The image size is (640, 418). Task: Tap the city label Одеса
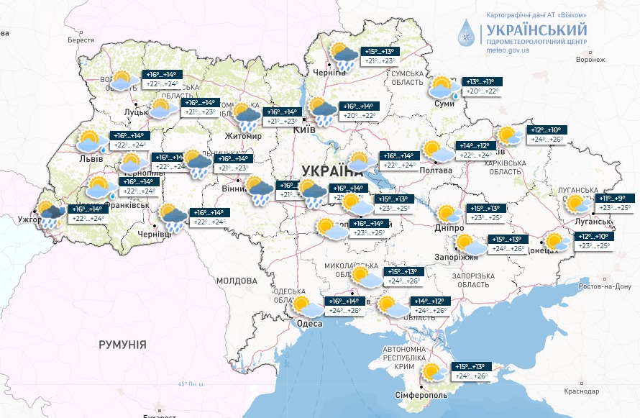tap(309, 324)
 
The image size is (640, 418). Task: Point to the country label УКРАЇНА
tap(332, 171)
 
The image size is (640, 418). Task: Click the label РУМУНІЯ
tap(122, 345)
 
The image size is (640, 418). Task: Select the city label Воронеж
tap(590, 60)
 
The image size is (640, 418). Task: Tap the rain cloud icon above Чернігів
tap(343, 55)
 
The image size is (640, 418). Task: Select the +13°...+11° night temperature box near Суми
tap(483, 82)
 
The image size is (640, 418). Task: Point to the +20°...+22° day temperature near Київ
tap(360, 116)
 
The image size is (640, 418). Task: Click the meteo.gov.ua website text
tap(508, 51)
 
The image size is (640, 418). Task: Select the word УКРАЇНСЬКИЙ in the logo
tap(536, 30)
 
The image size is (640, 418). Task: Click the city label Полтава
tap(437, 171)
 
